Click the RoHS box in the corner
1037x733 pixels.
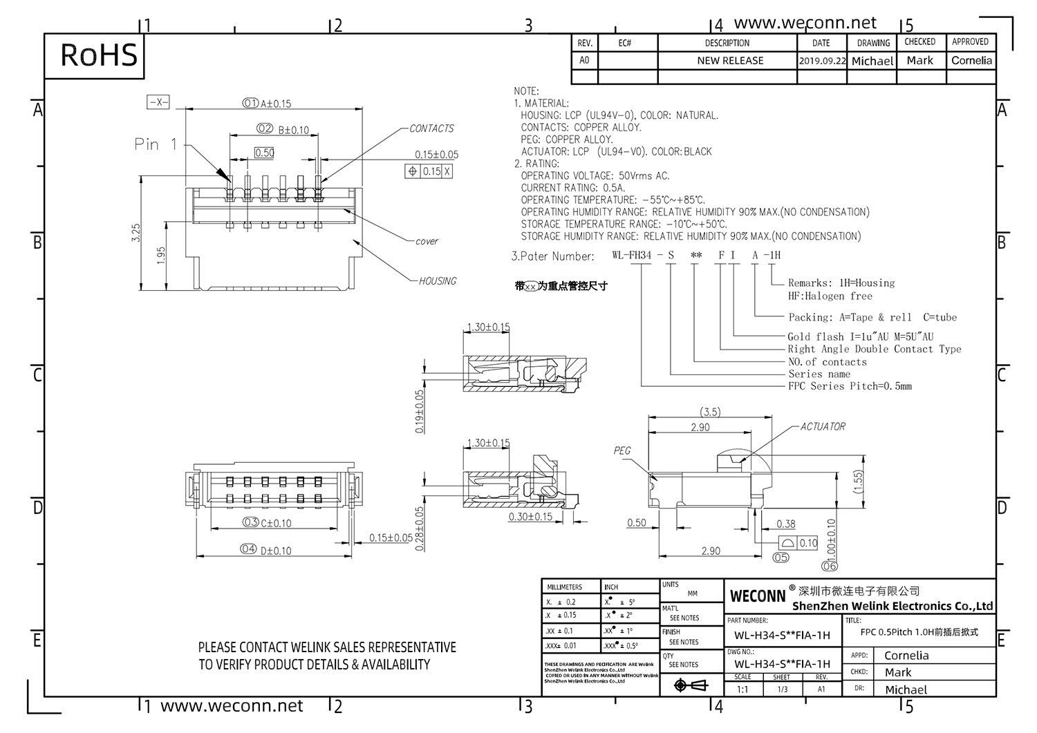(99, 55)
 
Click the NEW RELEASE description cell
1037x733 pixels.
(730, 61)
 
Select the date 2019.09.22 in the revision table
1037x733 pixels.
(822, 61)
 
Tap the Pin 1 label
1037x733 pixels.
(156, 144)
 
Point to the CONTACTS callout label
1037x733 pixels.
(431, 128)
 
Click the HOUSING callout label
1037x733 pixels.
(438, 281)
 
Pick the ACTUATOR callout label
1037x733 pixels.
(823, 427)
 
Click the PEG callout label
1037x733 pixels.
(622, 450)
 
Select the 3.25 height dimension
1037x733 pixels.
(136, 232)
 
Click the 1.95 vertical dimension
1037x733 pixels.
(161, 256)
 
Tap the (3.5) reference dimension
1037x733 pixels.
(710, 412)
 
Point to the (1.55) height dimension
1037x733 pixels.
(858, 481)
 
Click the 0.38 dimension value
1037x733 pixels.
(785, 524)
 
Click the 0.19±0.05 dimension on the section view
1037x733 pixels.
(420, 412)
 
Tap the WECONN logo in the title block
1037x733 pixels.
(758, 596)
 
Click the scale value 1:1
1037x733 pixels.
(742, 689)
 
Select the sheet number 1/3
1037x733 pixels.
(782, 689)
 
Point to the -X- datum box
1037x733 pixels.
(159, 102)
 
